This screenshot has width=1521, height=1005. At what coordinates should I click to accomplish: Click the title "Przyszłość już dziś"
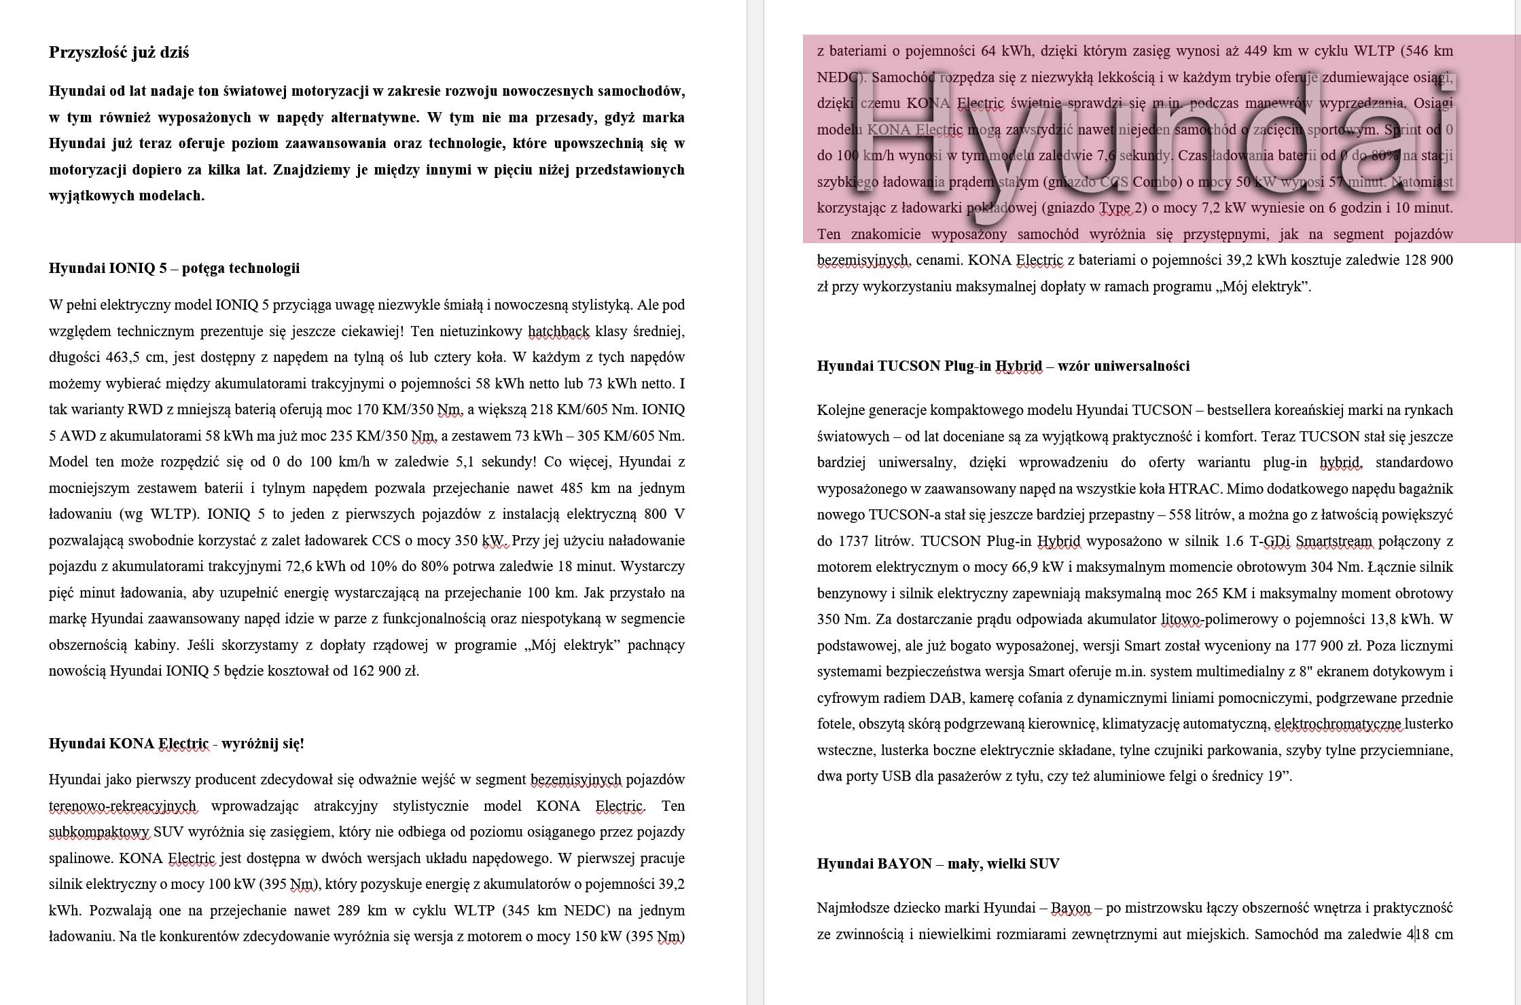pyautogui.click(x=119, y=52)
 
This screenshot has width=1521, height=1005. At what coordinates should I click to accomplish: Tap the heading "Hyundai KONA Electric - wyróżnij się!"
pyautogui.click(x=176, y=744)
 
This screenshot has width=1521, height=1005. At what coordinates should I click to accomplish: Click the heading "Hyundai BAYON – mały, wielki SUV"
pyautogui.click(x=937, y=864)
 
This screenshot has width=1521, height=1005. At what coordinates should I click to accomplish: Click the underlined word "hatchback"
pyautogui.click(x=558, y=331)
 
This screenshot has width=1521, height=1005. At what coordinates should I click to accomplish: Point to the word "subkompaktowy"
pyautogui.click(x=99, y=833)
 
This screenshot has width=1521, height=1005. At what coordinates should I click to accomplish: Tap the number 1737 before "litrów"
pyautogui.click(x=853, y=541)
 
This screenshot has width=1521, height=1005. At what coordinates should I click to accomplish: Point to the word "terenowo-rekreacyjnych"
pyautogui.click(x=122, y=807)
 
